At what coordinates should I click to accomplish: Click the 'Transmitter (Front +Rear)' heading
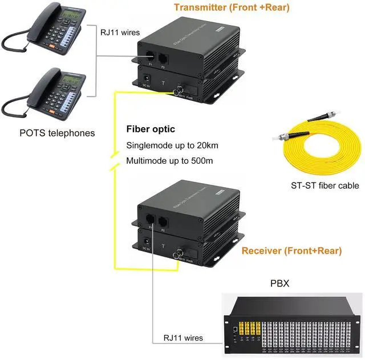(x=232, y=8)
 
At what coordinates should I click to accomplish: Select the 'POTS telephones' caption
(x=57, y=134)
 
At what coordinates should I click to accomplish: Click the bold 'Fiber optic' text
(x=151, y=129)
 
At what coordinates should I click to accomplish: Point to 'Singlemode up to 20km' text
(x=172, y=145)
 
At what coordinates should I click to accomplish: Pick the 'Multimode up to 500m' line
(x=169, y=161)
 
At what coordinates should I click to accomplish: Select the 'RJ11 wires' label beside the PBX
(x=183, y=338)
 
